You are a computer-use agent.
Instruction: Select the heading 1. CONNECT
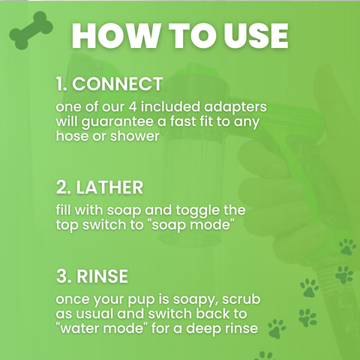point(109,82)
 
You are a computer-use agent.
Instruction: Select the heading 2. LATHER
point(99,187)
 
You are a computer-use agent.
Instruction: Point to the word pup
point(142,299)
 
